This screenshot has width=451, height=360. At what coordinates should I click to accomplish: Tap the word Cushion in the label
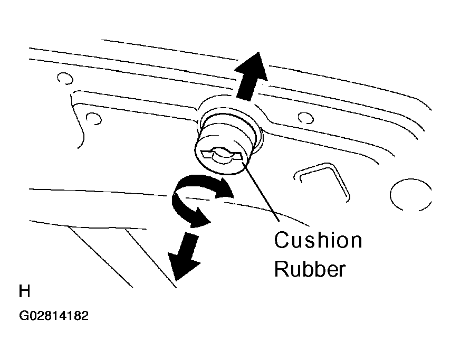[x=318, y=240]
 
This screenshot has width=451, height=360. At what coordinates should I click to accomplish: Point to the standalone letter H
[x=24, y=291]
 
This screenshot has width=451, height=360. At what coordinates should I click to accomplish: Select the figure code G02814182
[x=54, y=316]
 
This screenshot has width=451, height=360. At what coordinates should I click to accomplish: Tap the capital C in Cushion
[x=282, y=240]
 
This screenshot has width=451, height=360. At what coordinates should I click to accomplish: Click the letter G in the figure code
[x=24, y=316]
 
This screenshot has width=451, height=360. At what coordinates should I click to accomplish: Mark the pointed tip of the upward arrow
[x=258, y=52]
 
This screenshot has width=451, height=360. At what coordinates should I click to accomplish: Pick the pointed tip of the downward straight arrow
[x=176, y=280]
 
